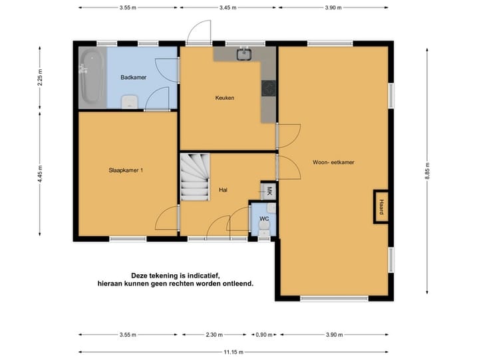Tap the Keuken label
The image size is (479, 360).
225,98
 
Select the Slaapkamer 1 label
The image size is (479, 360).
126,170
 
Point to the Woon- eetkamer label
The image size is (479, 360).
333,162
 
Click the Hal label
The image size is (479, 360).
224,190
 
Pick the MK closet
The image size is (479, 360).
269,191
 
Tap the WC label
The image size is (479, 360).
264,218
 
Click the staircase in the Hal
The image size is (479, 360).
194,178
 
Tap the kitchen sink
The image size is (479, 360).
244,54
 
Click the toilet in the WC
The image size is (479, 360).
264,230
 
